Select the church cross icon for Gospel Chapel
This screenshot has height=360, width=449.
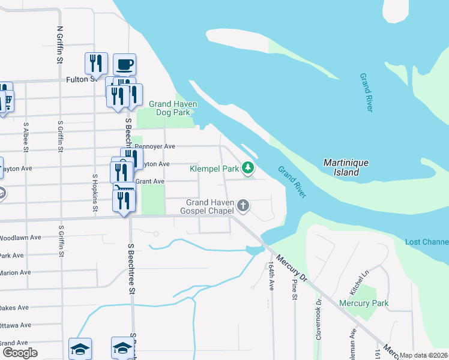click(243, 206)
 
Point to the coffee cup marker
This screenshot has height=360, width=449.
click(124, 64)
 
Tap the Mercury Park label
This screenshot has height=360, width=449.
click(364, 303)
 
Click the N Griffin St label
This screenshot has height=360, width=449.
click(60, 44)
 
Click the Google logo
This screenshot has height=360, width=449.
click(20, 352)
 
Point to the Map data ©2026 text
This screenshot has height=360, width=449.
click(423, 355)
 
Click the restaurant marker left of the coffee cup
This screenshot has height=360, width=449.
click(96, 63)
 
